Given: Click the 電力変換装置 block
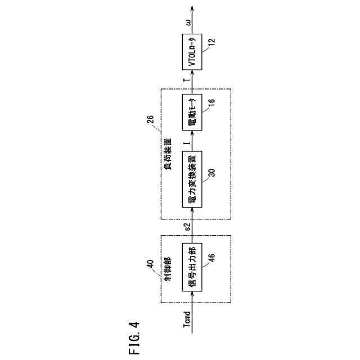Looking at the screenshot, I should click(x=192, y=179).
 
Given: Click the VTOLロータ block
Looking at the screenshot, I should click(x=192, y=52).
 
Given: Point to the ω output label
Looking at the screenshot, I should click(x=187, y=22).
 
